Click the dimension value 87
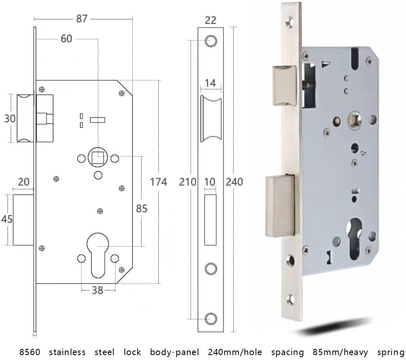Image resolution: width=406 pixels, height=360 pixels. click(82, 19)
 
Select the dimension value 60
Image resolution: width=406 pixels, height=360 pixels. click(66, 39)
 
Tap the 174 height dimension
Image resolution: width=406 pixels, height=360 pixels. click(158, 181)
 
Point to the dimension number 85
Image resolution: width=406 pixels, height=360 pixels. click(141, 209)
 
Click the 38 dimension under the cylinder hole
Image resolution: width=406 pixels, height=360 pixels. click(97, 290)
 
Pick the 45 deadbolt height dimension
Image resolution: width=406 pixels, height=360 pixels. click(7, 219)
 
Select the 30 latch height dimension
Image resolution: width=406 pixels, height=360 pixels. click(10, 119)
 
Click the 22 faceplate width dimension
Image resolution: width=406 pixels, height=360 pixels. click(210, 19)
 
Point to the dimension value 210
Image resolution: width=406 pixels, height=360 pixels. click(188, 181)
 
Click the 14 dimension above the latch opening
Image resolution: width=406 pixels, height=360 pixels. click(210, 83)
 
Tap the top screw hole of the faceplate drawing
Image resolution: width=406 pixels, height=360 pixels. click(211, 40)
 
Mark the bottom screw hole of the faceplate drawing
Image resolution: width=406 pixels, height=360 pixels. click(211, 318)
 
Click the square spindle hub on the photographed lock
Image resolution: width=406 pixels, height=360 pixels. click(353, 121)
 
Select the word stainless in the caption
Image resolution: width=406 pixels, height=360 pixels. click(67, 352)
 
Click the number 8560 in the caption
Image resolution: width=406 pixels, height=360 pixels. click(30, 352)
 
